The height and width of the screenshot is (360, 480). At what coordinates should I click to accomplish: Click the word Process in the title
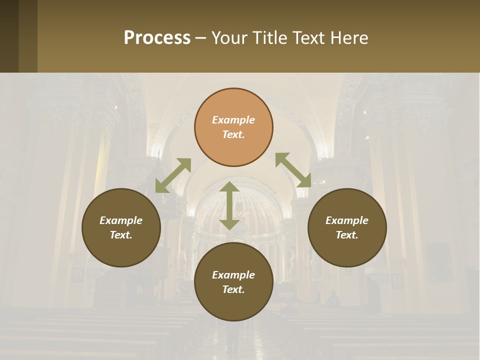click(157, 37)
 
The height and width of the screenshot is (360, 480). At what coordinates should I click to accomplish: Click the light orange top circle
click(233, 127)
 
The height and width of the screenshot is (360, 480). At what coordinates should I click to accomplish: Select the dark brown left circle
click(121, 227)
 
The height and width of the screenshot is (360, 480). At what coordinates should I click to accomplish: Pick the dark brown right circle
click(347, 227)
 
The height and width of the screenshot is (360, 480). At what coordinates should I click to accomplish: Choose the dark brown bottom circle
click(233, 282)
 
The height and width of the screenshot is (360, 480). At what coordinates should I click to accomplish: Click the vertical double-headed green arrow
click(229, 205)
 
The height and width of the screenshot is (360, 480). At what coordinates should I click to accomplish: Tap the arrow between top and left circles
click(173, 175)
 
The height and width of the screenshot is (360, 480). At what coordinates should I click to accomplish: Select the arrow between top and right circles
click(293, 170)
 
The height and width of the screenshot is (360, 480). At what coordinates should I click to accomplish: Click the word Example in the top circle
click(233, 120)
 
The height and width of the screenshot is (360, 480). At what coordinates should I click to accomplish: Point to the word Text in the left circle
click(121, 235)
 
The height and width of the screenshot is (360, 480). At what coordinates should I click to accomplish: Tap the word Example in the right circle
click(347, 220)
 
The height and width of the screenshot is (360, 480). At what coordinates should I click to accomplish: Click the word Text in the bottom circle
click(233, 289)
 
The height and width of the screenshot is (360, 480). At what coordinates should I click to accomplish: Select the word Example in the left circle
click(121, 220)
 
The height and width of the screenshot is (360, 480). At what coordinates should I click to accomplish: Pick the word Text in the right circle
click(347, 235)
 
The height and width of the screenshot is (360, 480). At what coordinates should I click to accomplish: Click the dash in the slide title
click(201, 37)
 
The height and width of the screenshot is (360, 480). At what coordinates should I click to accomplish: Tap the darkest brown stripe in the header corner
click(9, 36)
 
